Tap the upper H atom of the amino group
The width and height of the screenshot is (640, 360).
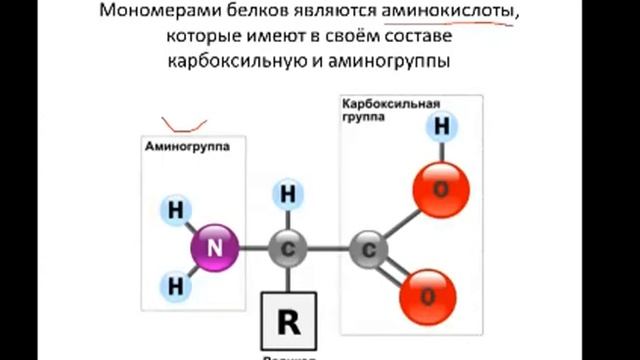[x=177, y=211]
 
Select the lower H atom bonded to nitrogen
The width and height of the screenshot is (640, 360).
[x=177, y=286]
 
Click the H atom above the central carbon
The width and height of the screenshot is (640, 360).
[x=288, y=193]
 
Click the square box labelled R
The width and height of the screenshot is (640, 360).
[x=288, y=320]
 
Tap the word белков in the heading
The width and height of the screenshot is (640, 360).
[x=272, y=14]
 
